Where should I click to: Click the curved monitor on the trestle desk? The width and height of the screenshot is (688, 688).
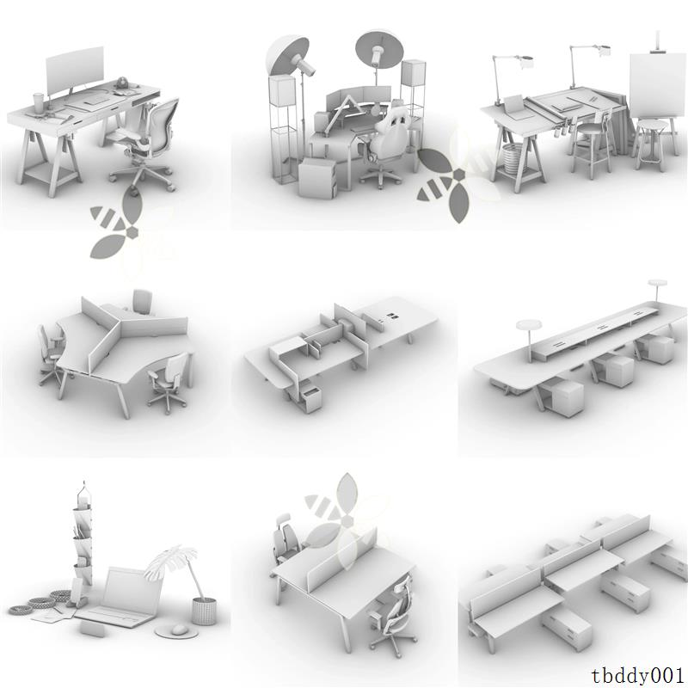coord(74,71)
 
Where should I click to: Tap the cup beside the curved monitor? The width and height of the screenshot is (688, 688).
coord(39,102)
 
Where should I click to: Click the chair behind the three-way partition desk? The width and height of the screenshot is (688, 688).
coord(143,302)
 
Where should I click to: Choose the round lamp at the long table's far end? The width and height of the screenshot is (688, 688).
coord(658,285)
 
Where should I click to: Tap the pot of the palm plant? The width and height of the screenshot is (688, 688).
coord(204,611)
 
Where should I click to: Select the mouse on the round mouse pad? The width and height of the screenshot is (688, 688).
coord(179,630)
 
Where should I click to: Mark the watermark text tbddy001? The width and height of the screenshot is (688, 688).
coord(638,673)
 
